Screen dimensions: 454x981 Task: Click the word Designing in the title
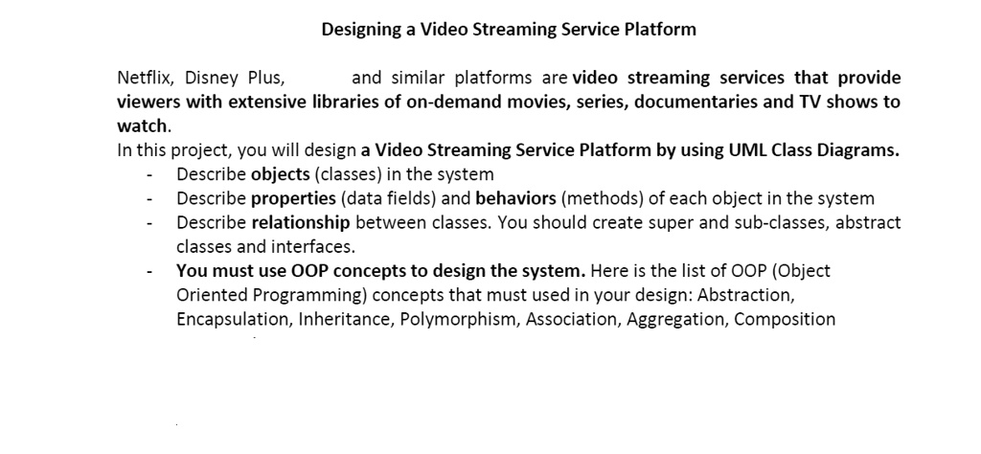point(359,30)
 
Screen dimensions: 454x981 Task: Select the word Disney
point(213,78)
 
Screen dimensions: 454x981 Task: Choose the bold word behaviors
point(515,199)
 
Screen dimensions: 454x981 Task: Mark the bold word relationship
point(303,223)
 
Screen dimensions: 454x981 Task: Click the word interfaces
point(303,247)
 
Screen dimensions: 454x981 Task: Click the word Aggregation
point(675,320)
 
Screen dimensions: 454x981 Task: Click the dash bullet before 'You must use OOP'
point(149,271)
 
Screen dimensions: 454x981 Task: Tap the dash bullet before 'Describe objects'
point(149,174)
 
